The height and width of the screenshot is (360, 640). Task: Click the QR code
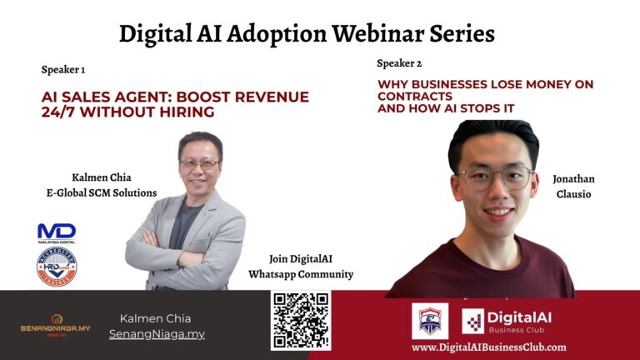point(300,320)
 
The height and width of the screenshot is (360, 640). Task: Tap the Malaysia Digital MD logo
point(57,232)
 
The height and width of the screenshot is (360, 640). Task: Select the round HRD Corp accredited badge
point(57,267)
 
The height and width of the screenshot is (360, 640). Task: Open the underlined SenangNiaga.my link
point(157,334)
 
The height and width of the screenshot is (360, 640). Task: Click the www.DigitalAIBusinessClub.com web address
point(488,347)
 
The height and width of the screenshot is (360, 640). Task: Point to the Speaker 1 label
point(63,69)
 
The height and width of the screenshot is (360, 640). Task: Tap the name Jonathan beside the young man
point(573,179)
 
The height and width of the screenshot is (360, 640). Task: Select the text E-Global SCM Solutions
point(102,193)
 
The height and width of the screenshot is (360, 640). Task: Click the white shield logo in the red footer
point(430,321)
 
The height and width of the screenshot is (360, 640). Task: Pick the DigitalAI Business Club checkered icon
point(473,321)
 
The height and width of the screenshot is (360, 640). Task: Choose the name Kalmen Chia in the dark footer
point(155,318)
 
